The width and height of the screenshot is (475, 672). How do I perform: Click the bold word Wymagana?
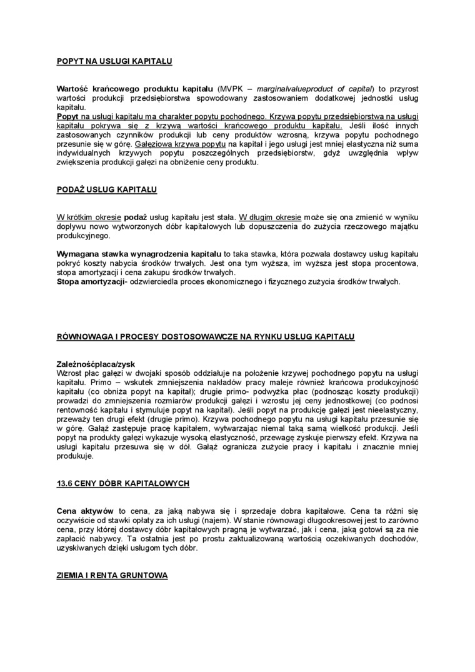[x=77, y=255]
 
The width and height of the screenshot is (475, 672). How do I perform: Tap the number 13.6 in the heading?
[x=66, y=484]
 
